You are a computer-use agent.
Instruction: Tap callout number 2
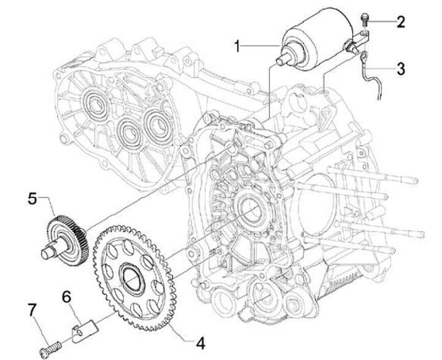coord(400,23)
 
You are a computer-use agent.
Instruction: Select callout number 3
coord(400,68)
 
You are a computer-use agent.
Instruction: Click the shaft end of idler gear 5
coord(47,251)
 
